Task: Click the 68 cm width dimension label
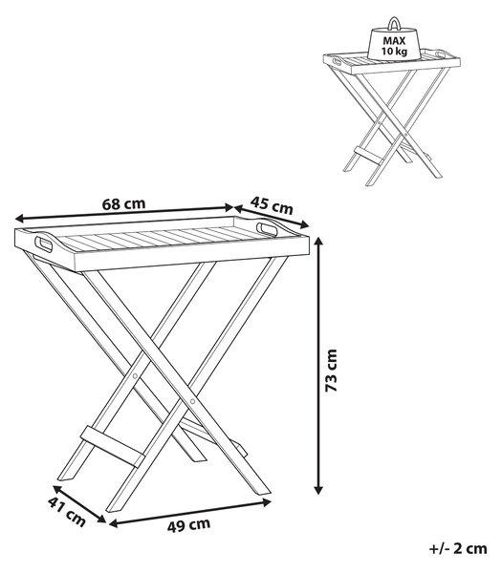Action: click(x=123, y=203)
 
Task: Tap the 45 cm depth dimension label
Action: click(x=272, y=205)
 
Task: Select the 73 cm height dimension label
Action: click(x=332, y=371)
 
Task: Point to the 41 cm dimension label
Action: click(x=67, y=512)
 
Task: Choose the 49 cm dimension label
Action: click(x=188, y=525)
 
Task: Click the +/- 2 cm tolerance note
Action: click(x=458, y=548)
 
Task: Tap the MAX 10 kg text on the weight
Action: click(x=394, y=46)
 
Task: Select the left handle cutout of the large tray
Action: click(x=44, y=244)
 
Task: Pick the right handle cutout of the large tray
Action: click(x=267, y=228)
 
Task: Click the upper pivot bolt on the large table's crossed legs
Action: click(x=135, y=376)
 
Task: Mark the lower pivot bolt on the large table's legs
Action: click(x=193, y=401)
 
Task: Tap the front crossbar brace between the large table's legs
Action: click(x=112, y=446)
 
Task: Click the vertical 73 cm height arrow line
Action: click(x=319, y=366)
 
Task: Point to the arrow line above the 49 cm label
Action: click(x=190, y=513)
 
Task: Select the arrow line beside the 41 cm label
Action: click(x=79, y=504)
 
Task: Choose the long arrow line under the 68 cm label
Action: click(x=124, y=213)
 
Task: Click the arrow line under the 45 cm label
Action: click(x=272, y=217)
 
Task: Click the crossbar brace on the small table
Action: click(x=369, y=155)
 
